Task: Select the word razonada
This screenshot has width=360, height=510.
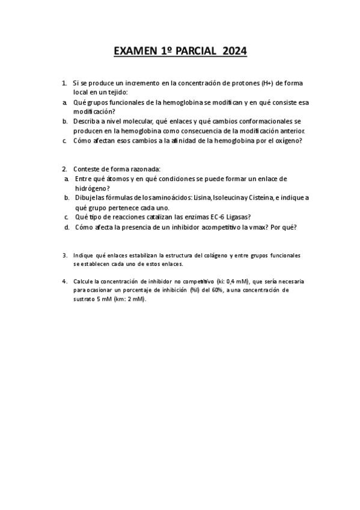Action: click(143, 169)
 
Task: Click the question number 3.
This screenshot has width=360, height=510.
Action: click(64, 256)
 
